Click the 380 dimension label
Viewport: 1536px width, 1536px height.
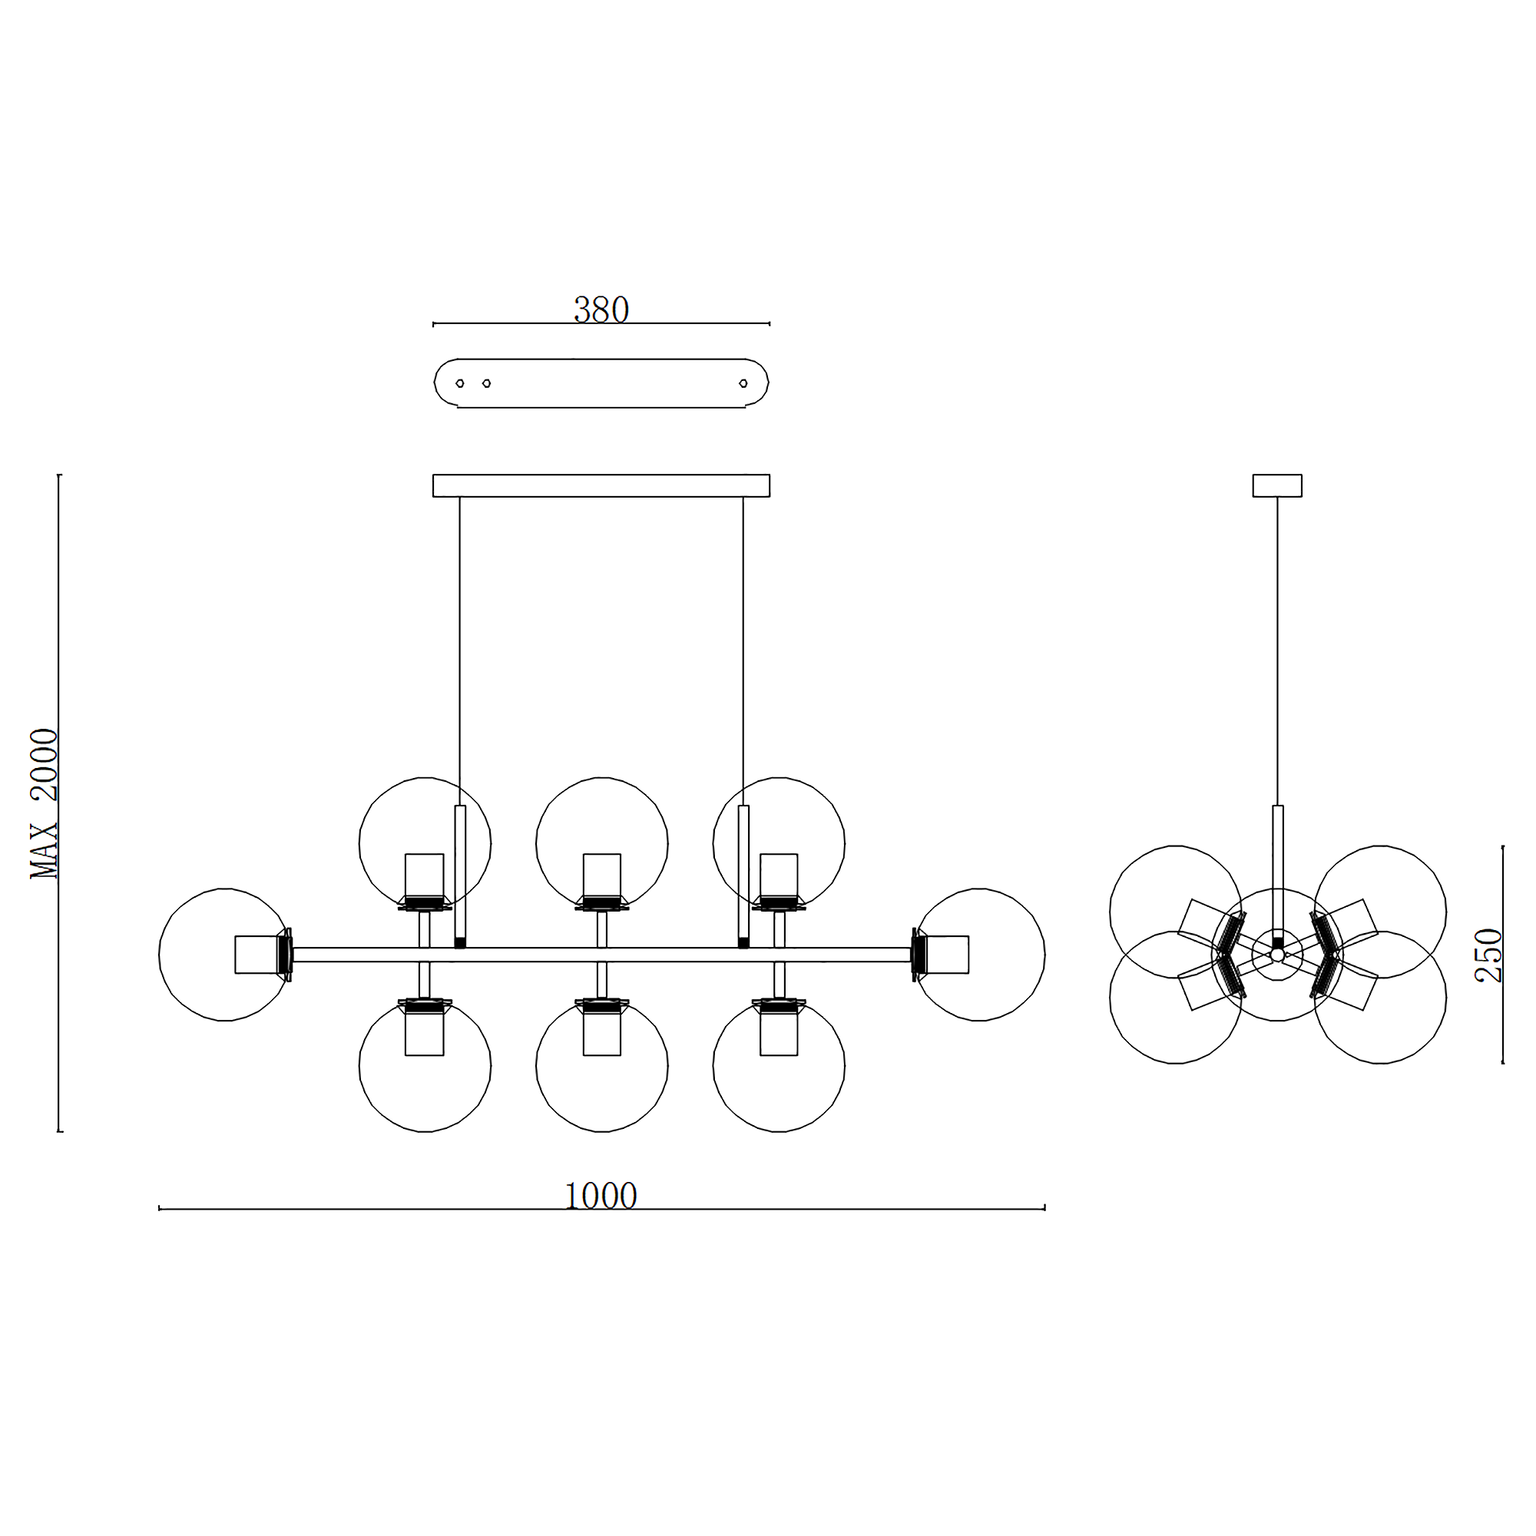[601, 310]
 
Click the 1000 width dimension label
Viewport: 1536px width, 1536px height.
[601, 1196]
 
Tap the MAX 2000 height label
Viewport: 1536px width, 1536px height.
[45, 803]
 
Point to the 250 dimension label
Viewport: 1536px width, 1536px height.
[1489, 955]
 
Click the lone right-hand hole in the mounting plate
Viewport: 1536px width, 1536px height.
[743, 383]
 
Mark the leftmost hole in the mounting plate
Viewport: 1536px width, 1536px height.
[459, 383]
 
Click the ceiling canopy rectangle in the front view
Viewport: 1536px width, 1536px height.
[601, 486]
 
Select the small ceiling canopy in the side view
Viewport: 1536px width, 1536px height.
[1277, 486]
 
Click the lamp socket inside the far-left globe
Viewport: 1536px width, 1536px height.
[255, 954]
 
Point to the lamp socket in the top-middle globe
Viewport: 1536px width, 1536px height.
[602, 876]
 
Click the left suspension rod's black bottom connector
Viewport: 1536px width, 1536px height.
[459, 943]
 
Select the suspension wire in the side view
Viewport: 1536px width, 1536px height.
[1278, 652]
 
